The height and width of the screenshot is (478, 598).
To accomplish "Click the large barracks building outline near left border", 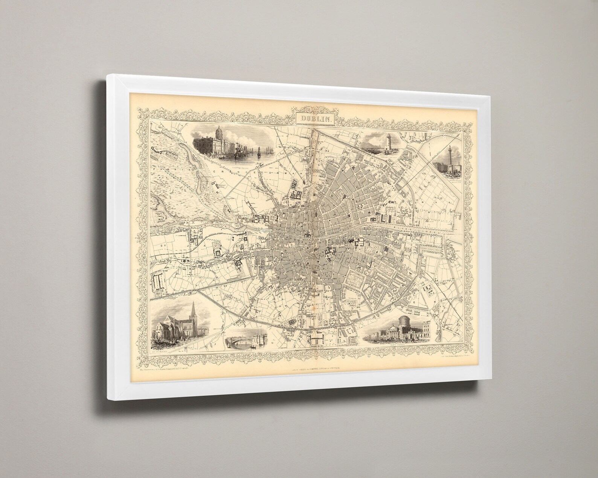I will [158, 284].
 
